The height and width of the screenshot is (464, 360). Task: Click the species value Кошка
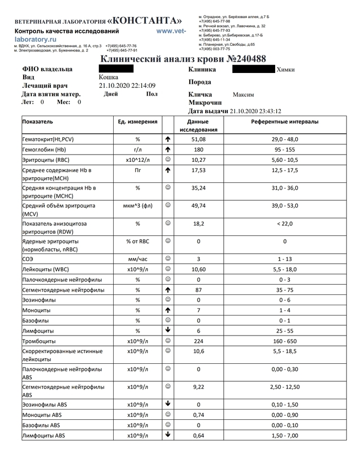click(x=109, y=77)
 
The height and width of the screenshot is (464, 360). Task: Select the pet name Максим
click(x=243, y=95)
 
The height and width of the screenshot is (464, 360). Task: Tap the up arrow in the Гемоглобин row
click(x=168, y=149)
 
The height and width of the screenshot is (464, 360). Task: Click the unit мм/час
click(x=138, y=259)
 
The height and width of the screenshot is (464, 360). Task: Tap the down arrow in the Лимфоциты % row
click(x=168, y=330)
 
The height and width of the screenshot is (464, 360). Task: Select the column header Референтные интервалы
click(x=285, y=122)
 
